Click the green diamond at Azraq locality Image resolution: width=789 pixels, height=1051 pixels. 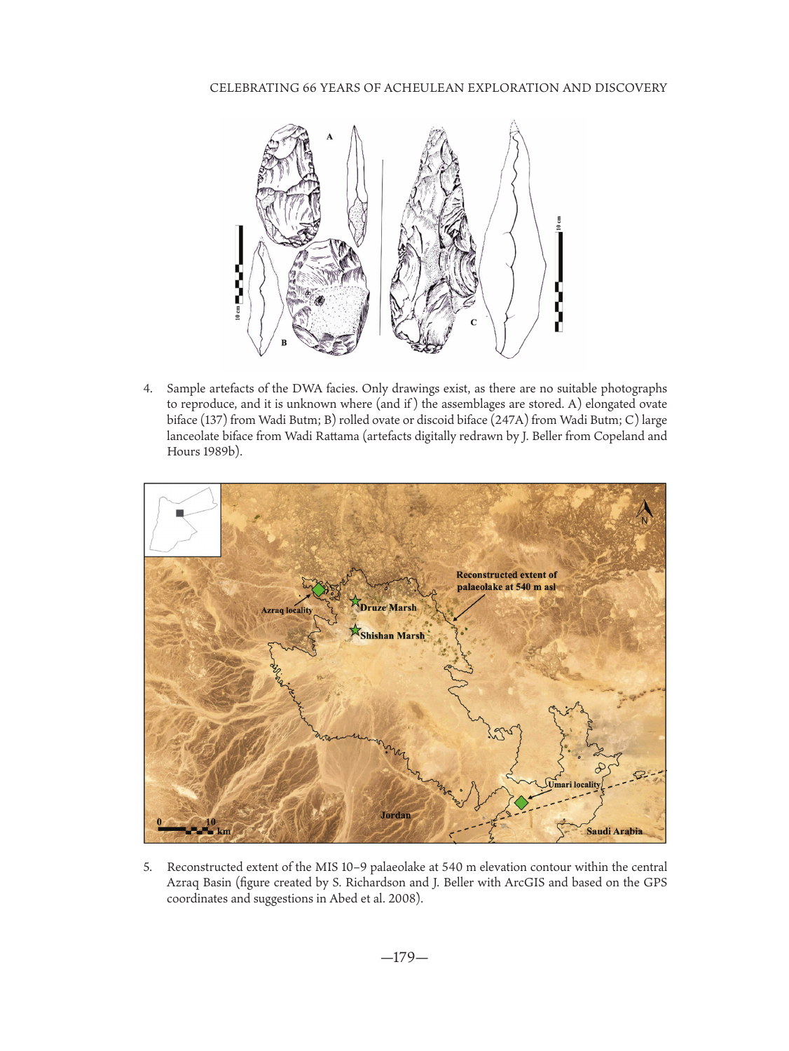[319, 590]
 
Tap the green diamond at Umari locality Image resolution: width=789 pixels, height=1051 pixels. [521, 803]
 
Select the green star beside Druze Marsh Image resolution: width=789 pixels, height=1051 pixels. [355, 601]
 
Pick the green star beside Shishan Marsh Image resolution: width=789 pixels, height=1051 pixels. [355, 631]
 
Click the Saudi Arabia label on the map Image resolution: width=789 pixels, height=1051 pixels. [614, 831]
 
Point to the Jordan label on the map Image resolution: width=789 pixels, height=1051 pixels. [395, 815]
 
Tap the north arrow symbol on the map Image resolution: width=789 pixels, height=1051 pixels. [645, 512]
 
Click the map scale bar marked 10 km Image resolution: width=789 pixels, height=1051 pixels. [186, 830]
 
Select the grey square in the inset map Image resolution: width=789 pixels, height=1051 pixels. [180, 514]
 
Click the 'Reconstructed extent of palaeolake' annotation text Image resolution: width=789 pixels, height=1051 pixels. [506, 581]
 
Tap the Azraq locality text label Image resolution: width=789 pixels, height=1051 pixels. [287, 610]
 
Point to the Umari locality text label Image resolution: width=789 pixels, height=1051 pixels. [574, 785]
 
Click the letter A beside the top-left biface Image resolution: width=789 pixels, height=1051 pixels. [329, 137]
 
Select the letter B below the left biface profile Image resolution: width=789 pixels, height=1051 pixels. [284, 343]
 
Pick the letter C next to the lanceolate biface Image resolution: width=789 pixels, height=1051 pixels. [473, 322]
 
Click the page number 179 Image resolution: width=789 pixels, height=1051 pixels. [404, 957]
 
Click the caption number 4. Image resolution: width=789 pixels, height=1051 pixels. [147, 388]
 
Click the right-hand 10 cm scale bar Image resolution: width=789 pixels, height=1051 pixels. [558, 280]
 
